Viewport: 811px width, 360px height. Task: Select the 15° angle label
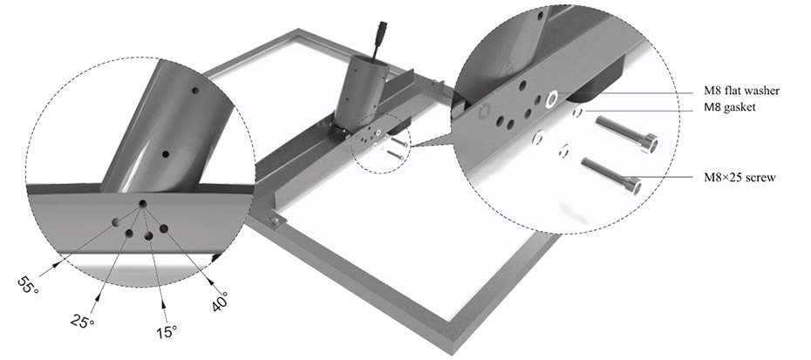(x=167, y=332)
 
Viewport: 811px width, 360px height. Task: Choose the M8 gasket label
(x=730, y=108)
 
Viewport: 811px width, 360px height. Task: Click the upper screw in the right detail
(x=626, y=134)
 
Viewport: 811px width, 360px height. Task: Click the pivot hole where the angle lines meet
(x=142, y=203)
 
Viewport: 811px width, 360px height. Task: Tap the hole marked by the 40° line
(x=163, y=229)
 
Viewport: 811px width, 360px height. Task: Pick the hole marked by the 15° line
(x=148, y=236)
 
